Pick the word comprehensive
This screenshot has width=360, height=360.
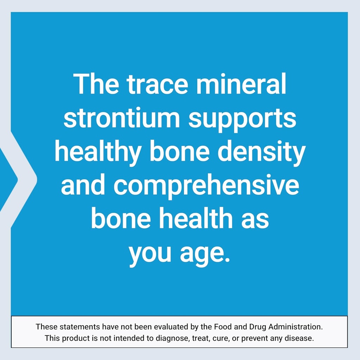point(206,187)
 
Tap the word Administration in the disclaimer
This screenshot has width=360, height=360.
point(296,327)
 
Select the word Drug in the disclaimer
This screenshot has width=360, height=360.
point(258,327)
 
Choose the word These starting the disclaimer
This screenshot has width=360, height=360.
point(47,327)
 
